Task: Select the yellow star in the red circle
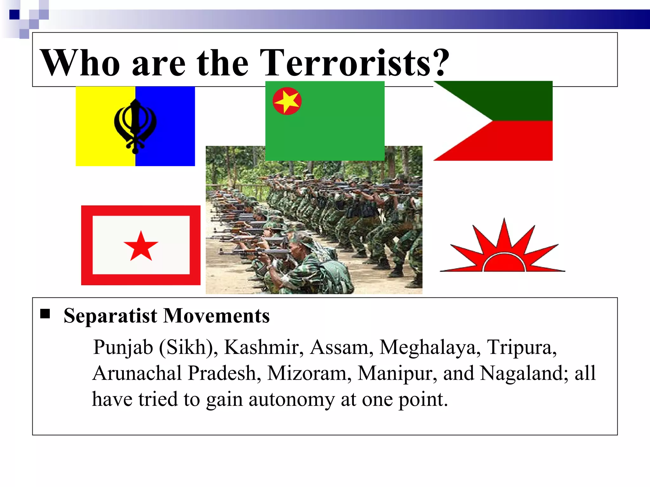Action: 287,101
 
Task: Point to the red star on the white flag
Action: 141,246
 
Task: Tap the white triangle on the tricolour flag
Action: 457,120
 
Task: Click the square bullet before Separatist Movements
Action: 45,314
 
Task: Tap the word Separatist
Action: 110,316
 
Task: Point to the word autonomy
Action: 291,399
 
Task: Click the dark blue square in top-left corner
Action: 14,15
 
